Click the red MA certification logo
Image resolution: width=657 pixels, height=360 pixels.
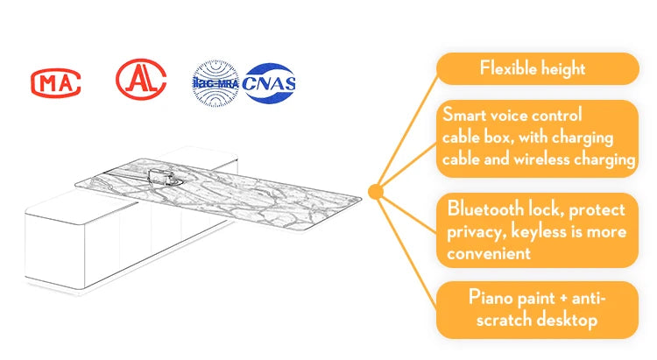pyautogui.click(x=56, y=83)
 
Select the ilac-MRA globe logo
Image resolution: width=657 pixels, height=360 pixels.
pyautogui.click(x=214, y=82)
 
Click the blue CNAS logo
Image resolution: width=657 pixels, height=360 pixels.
pyautogui.click(x=270, y=83)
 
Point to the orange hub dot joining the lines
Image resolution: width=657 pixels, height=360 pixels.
pyautogui.click(x=376, y=190)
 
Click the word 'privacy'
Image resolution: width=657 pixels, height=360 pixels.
pyautogui.click(x=477, y=232)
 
